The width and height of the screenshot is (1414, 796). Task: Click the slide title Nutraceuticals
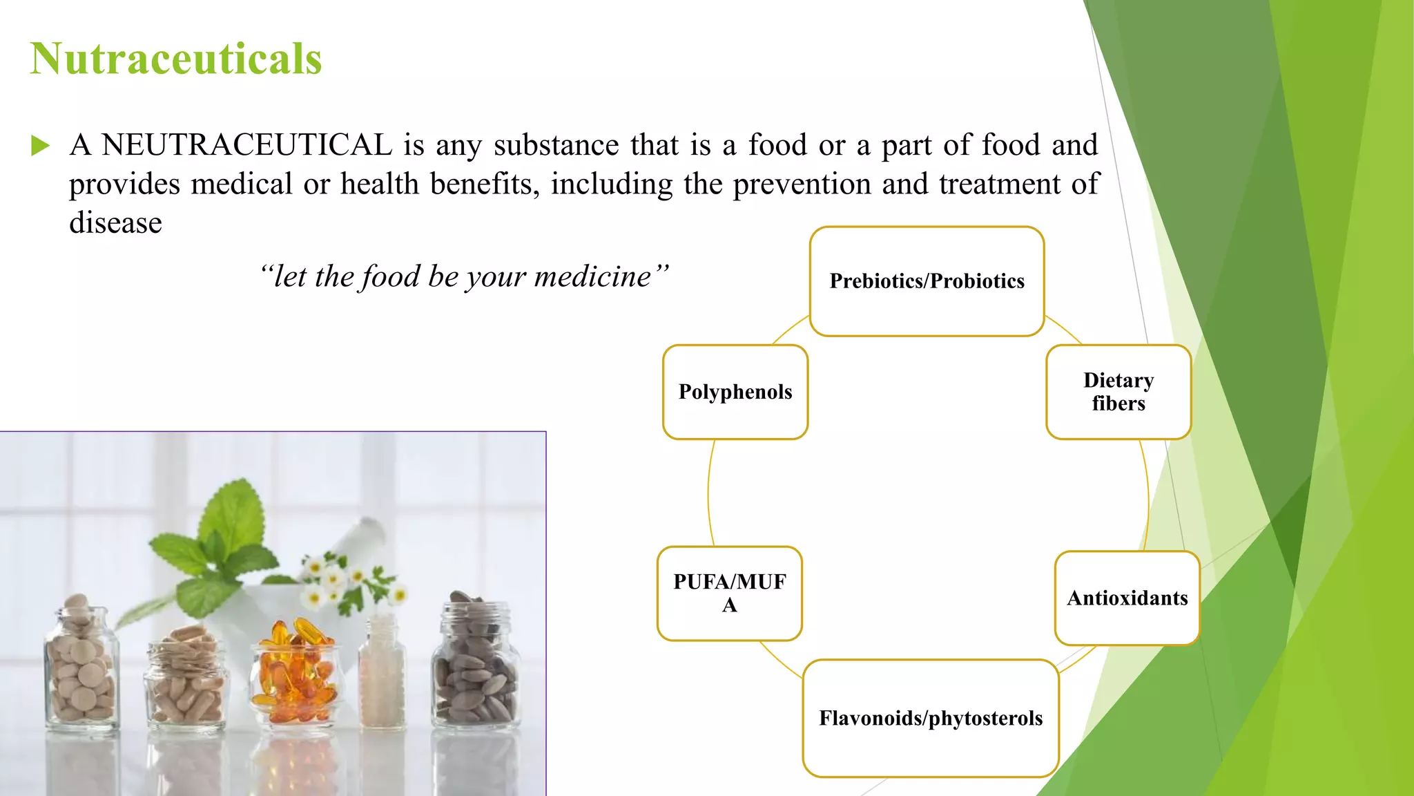(176, 59)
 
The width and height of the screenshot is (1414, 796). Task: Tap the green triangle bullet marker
(40, 146)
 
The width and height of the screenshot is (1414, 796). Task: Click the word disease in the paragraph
(115, 223)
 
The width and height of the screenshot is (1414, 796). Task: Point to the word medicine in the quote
(592, 277)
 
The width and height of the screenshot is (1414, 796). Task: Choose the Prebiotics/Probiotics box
(927, 281)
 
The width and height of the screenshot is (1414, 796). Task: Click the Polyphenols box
(735, 392)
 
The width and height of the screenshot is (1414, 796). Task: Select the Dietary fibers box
(1118, 392)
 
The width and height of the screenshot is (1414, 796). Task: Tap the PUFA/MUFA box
(730, 594)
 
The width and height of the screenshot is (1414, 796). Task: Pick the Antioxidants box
(1127, 598)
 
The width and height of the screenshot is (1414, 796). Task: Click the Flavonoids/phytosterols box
(931, 718)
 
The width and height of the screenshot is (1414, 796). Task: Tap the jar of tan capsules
(185, 677)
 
